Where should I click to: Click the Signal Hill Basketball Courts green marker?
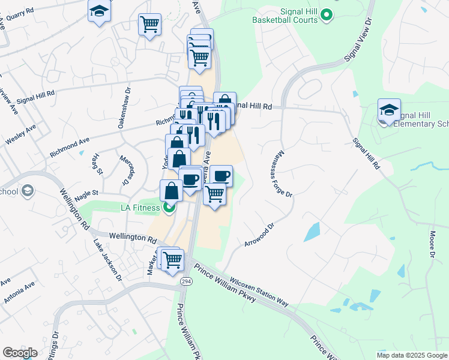click(x=327, y=14)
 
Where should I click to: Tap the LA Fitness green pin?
click(x=169, y=208)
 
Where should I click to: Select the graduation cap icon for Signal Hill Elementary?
click(x=389, y=110)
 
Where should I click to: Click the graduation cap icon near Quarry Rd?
click(x=100, y=11)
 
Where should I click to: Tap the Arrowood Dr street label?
click(x=259, y=235)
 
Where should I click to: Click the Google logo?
click(x=20, y=353)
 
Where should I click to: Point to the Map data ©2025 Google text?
click(x=411, y=355)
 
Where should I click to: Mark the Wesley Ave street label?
click(x=20, y=135)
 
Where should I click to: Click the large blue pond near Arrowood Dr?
click(x=313, y=232)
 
